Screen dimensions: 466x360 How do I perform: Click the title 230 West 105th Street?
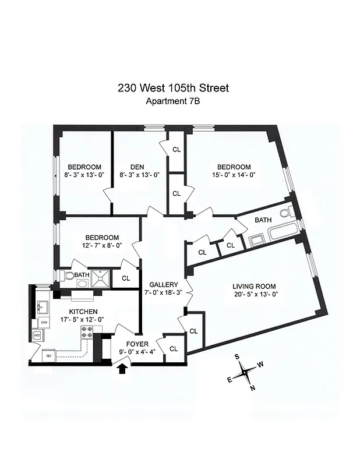click(173, 89)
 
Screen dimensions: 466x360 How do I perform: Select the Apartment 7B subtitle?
click(173, 102)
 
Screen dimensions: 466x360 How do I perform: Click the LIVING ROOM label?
click(254, 286)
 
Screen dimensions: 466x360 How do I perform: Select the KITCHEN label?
click(83, 312)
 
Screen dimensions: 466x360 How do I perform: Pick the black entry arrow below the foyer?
click(122, 369)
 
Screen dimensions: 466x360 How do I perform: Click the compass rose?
click(247, 371)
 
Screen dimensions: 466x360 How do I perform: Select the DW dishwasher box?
click(44, 322)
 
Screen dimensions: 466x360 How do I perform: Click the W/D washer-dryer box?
click(37, 336)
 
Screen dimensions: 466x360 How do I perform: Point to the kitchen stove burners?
click(87, 332)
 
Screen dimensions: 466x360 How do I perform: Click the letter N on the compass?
click(253, 389)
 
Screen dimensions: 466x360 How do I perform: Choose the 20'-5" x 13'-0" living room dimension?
click(254, 294)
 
